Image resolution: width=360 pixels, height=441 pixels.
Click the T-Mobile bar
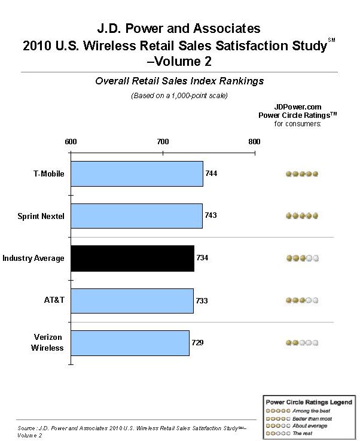[x=137, y=174]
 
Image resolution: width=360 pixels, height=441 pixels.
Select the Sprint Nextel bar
[x=136, y=216]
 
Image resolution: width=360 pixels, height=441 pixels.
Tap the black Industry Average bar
[x=132, y=258]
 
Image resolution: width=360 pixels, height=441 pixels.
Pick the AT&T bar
[x=132, y=300]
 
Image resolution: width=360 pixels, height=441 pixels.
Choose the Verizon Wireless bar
[x=130, y=343]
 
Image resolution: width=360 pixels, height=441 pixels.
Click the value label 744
[x=211, y=174]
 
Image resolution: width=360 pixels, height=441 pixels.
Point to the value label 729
[x=197, y=342]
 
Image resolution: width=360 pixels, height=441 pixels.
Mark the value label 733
[x=202, y=300]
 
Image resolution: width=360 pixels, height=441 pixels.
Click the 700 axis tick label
[x=163, y=141]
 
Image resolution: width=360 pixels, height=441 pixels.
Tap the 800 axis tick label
[x=254, y=141]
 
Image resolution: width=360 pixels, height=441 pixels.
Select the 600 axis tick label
[x=71, y=141]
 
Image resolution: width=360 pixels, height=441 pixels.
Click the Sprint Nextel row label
[x=41, y=216]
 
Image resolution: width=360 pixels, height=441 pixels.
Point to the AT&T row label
[x=54, y=300]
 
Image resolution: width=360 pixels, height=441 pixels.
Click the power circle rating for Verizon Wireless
[x=302, y=342]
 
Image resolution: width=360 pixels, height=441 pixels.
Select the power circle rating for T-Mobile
[x=302, y=174]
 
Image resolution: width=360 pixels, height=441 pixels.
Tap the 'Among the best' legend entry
[x=298, y=411]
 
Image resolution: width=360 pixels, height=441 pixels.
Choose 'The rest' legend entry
[x=289, y=433]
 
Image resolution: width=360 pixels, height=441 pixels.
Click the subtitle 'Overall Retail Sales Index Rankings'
[x=179, y=81]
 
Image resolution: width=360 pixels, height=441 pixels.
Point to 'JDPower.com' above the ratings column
[x=298, y=107]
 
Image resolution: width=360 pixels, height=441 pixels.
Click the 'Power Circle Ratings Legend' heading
[x=309, y=402]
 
